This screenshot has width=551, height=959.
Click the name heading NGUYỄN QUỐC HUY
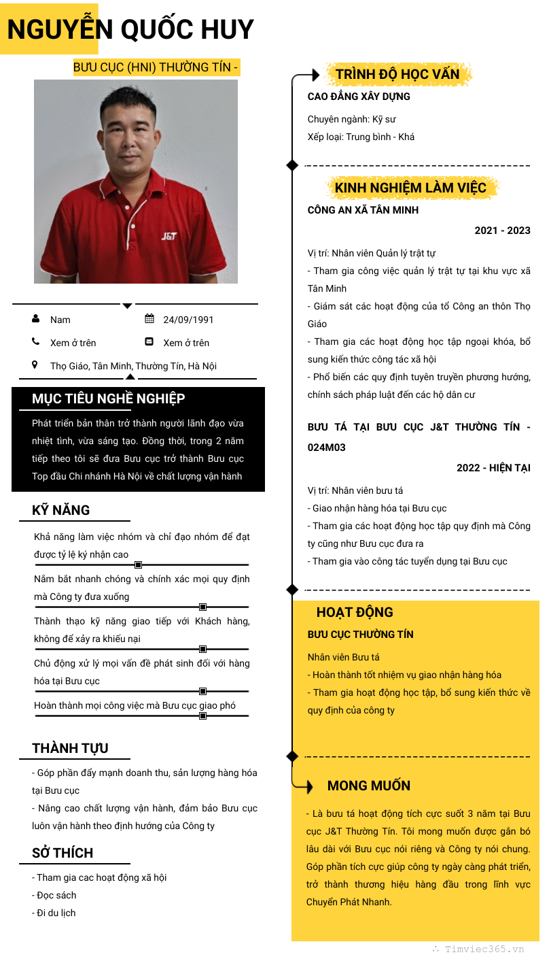coord(130,29)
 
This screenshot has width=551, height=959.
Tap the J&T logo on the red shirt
coord(169,236)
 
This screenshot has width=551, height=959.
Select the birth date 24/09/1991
coord(188,320)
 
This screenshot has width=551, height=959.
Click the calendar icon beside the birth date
coord(149,319)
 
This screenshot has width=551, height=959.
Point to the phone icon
coord(35,342)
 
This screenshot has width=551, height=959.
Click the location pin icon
coord(35,365)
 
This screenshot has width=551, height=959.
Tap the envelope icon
coord(149,342)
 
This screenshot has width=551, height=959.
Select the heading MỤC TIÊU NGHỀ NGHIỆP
coord(108,399)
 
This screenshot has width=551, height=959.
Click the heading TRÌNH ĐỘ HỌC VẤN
coord(397,74)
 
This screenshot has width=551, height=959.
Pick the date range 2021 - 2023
coord(502,231)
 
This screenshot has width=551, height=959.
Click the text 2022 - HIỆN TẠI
coord(493,468)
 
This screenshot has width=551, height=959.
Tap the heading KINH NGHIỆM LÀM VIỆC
coord(410,188)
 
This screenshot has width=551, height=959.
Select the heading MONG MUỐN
coord(369,786)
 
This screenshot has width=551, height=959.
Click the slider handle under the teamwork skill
coord(138,565)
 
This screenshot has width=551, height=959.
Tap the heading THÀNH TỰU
coord(70,748)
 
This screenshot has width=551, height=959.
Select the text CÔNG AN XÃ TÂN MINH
coord(363,210)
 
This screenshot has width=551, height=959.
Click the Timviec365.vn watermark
coord(484,949)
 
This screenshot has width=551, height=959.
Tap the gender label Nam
coord(60,320)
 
